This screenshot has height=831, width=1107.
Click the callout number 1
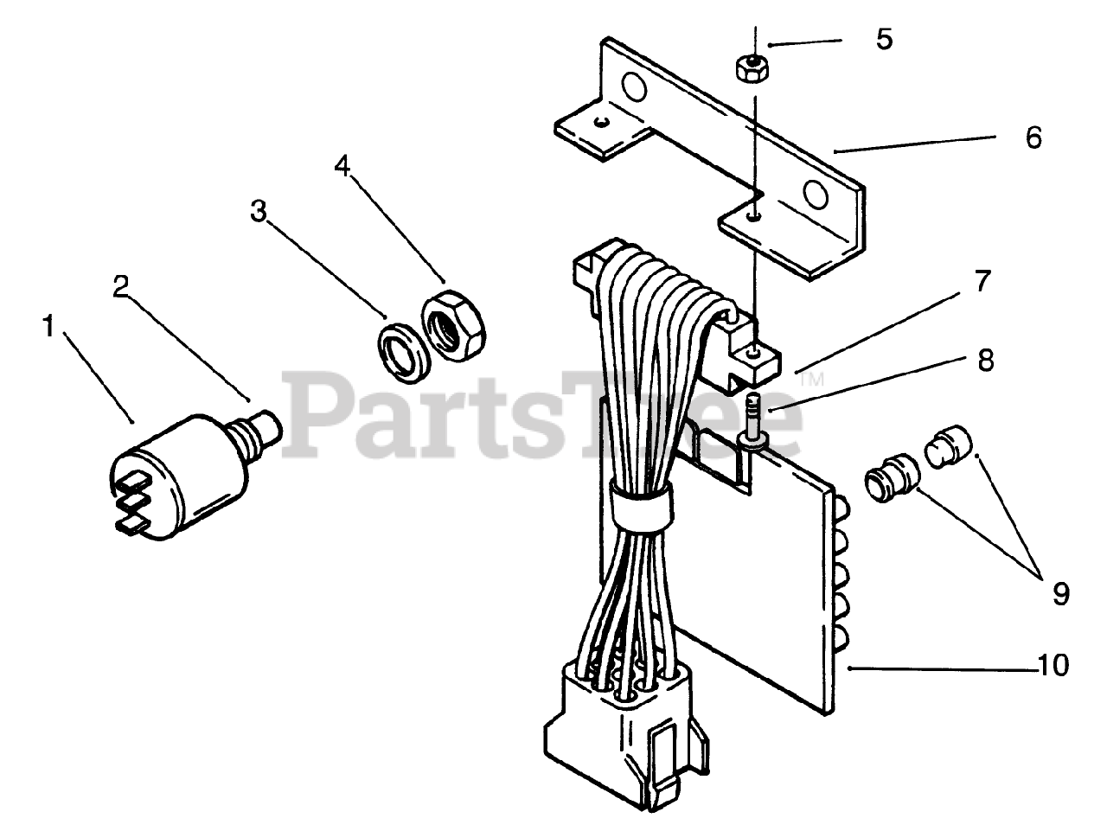click(49, 327)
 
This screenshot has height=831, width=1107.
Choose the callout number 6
click(1033, 137)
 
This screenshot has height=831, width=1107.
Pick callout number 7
click(982, 281)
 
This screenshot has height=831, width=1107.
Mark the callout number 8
click(985, 361)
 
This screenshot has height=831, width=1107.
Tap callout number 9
click(1059, 592)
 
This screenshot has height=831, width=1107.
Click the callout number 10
click(1053, 665)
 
